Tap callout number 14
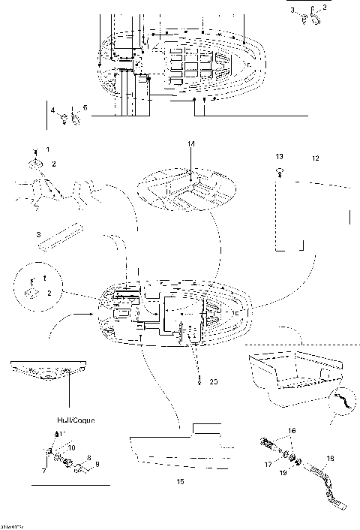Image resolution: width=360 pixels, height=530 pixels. coord(191,143)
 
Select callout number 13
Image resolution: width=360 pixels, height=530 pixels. coord(279,157)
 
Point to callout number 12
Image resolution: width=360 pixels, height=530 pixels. coord(316,158)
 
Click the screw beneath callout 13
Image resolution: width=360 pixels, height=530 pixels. coord(280,173)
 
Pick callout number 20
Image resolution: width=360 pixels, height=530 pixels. coord(214,382)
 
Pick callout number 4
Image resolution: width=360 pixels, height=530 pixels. coord(53,110)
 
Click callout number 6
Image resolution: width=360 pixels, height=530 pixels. coord(85,108)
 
